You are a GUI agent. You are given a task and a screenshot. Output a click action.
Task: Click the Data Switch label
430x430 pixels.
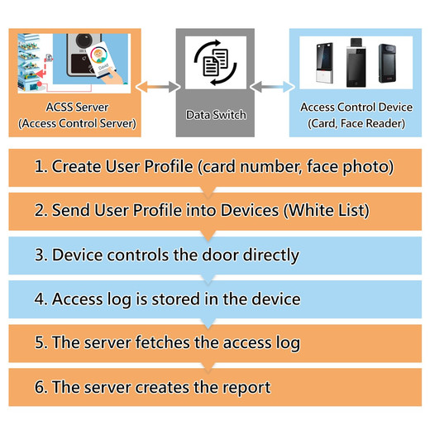coord(216,115)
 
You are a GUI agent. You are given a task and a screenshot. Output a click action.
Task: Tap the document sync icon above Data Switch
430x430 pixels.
coord(216,62)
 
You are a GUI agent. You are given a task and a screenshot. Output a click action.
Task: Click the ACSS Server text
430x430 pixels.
coord(77,107)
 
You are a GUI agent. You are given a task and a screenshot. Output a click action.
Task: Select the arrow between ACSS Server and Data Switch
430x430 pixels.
coord(158,87)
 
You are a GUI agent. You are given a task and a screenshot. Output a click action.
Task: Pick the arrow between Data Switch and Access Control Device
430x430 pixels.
coord(272,87)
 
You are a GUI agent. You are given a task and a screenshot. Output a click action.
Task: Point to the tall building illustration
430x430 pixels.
coord(29,62)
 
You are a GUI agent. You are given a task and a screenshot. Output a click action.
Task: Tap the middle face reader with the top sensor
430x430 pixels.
coord(356,63)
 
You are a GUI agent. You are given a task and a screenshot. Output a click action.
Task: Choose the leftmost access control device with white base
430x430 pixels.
coord(325,63)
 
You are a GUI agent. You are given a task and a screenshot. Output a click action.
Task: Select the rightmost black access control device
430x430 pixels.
coord(387,63)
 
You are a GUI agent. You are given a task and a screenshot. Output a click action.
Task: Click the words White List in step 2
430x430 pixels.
coord(327,210)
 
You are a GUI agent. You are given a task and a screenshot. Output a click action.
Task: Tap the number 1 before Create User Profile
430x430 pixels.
coord(39,166)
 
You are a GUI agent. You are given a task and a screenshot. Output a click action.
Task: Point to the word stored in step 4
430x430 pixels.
coord(176,299)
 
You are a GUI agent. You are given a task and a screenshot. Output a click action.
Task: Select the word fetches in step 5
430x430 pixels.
coord(163,342)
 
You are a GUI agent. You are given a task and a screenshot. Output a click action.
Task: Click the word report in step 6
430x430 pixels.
coord(246,387)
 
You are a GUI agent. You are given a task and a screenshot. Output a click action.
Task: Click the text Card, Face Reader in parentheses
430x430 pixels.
coord(356,123)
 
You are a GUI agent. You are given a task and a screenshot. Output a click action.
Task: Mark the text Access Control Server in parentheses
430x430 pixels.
coord(77,123)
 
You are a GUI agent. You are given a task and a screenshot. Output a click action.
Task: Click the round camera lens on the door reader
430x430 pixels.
coord(84,41)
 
